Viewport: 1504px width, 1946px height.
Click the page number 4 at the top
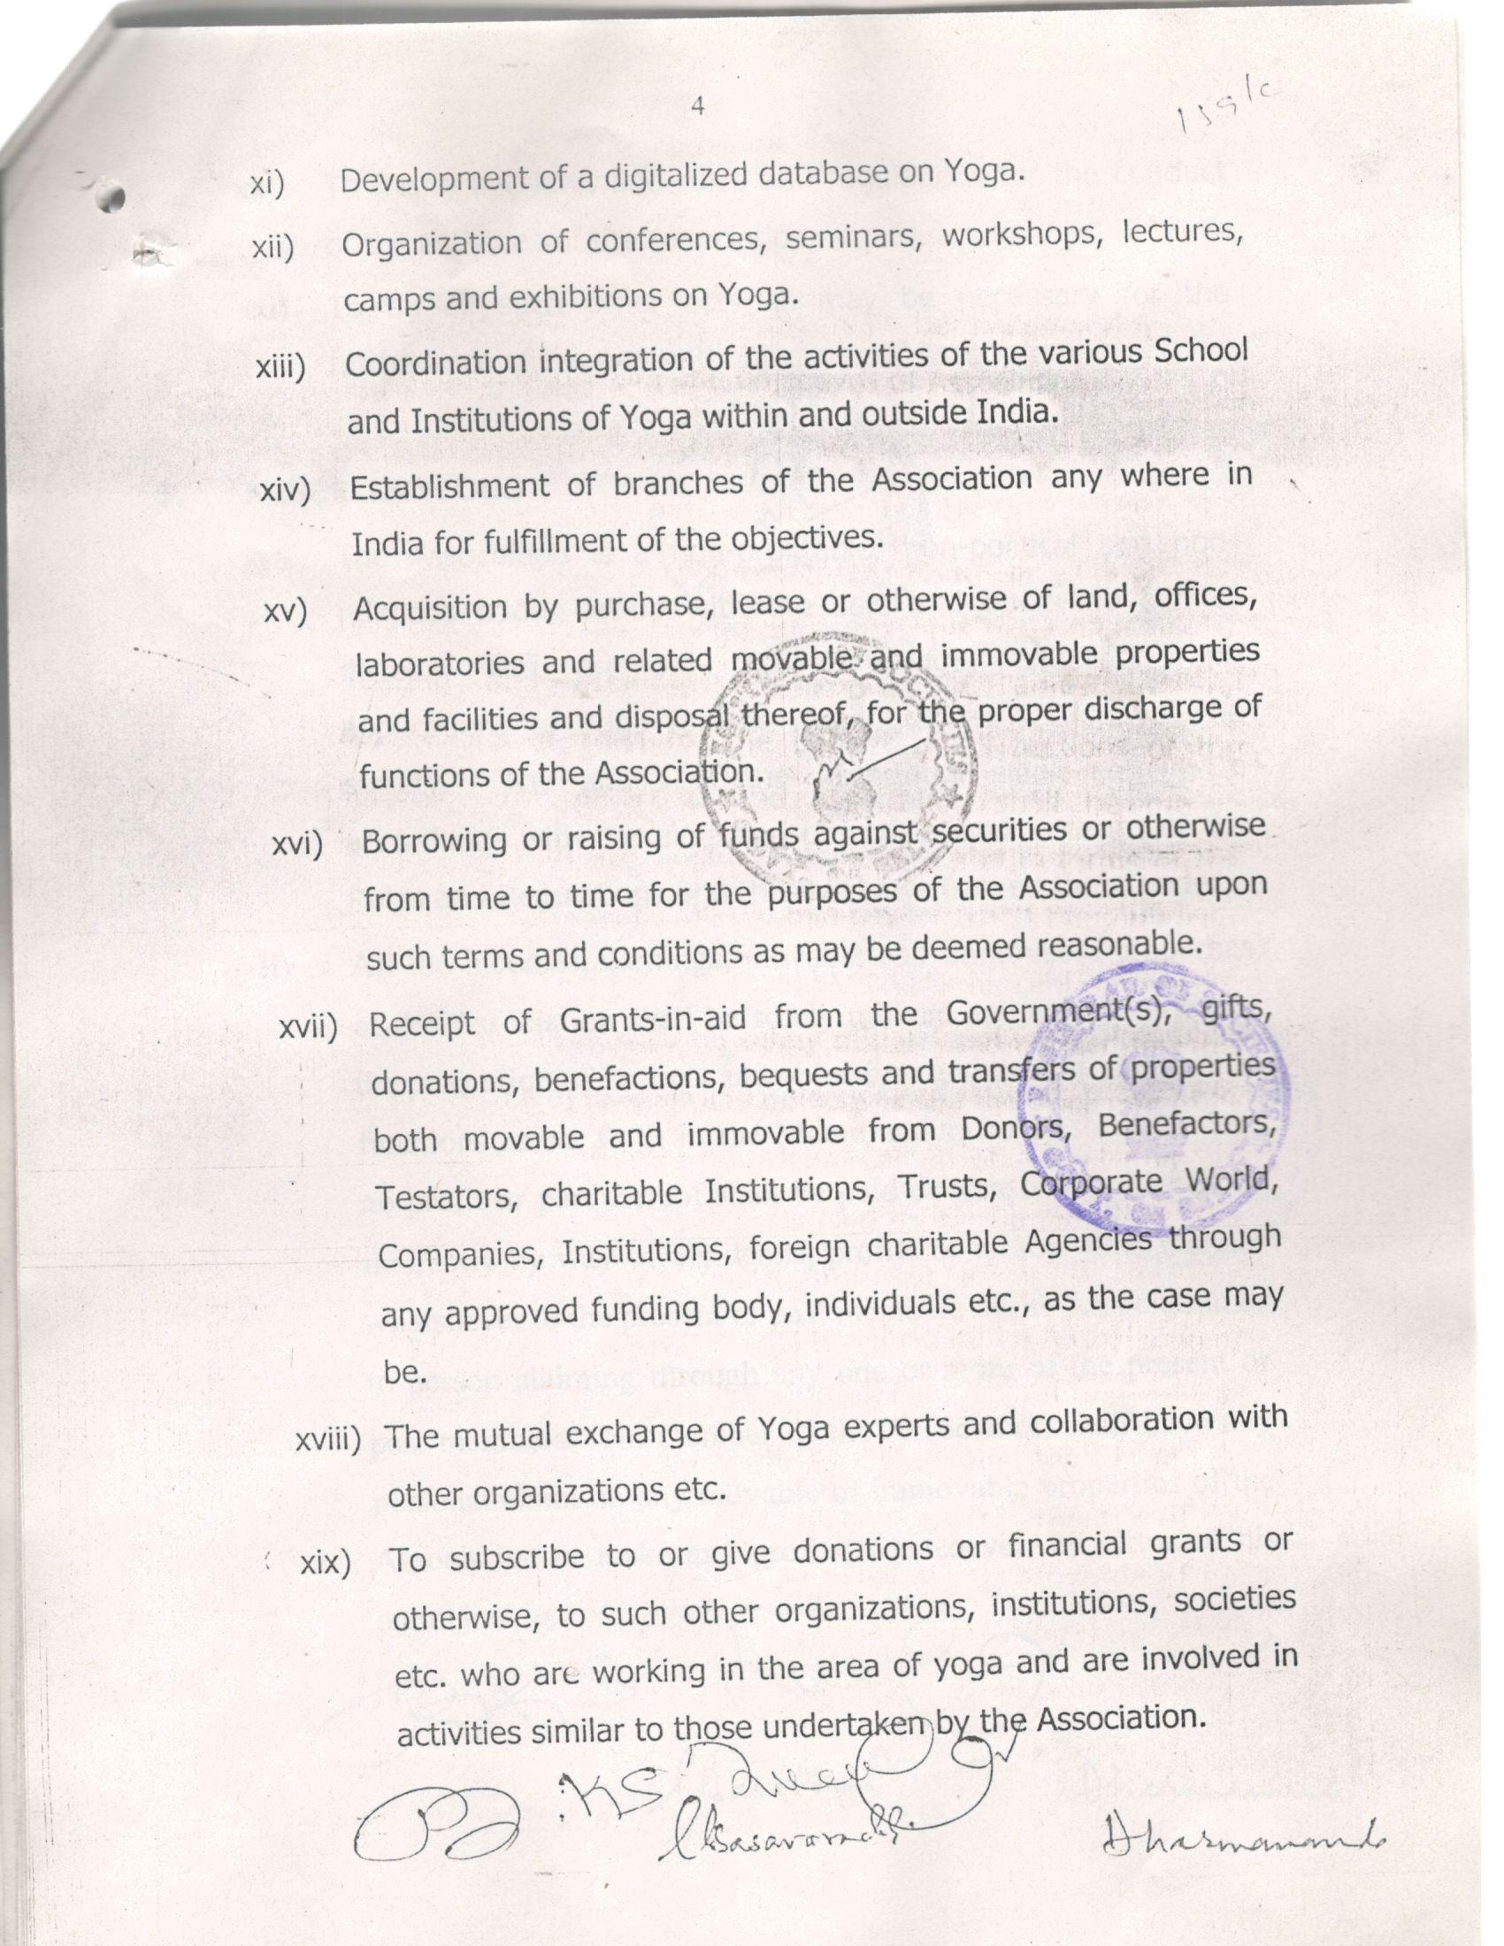click(x=698, y=107)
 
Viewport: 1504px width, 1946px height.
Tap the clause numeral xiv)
click(x=284, y=490)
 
